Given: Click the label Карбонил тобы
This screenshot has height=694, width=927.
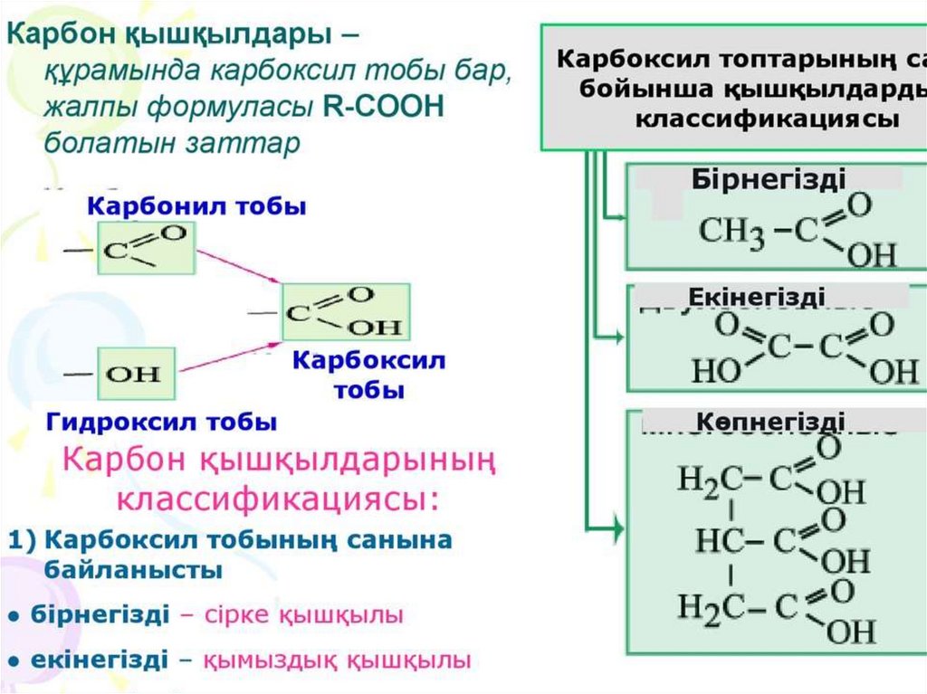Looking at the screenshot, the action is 196,207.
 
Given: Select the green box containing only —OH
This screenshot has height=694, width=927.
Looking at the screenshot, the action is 137,372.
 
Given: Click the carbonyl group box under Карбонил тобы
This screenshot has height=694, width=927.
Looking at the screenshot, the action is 146,248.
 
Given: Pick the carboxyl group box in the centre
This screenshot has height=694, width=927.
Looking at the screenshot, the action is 346,312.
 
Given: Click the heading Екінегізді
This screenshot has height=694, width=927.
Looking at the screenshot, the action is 756,297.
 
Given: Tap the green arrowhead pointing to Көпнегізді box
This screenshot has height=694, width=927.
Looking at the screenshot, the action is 618,526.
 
